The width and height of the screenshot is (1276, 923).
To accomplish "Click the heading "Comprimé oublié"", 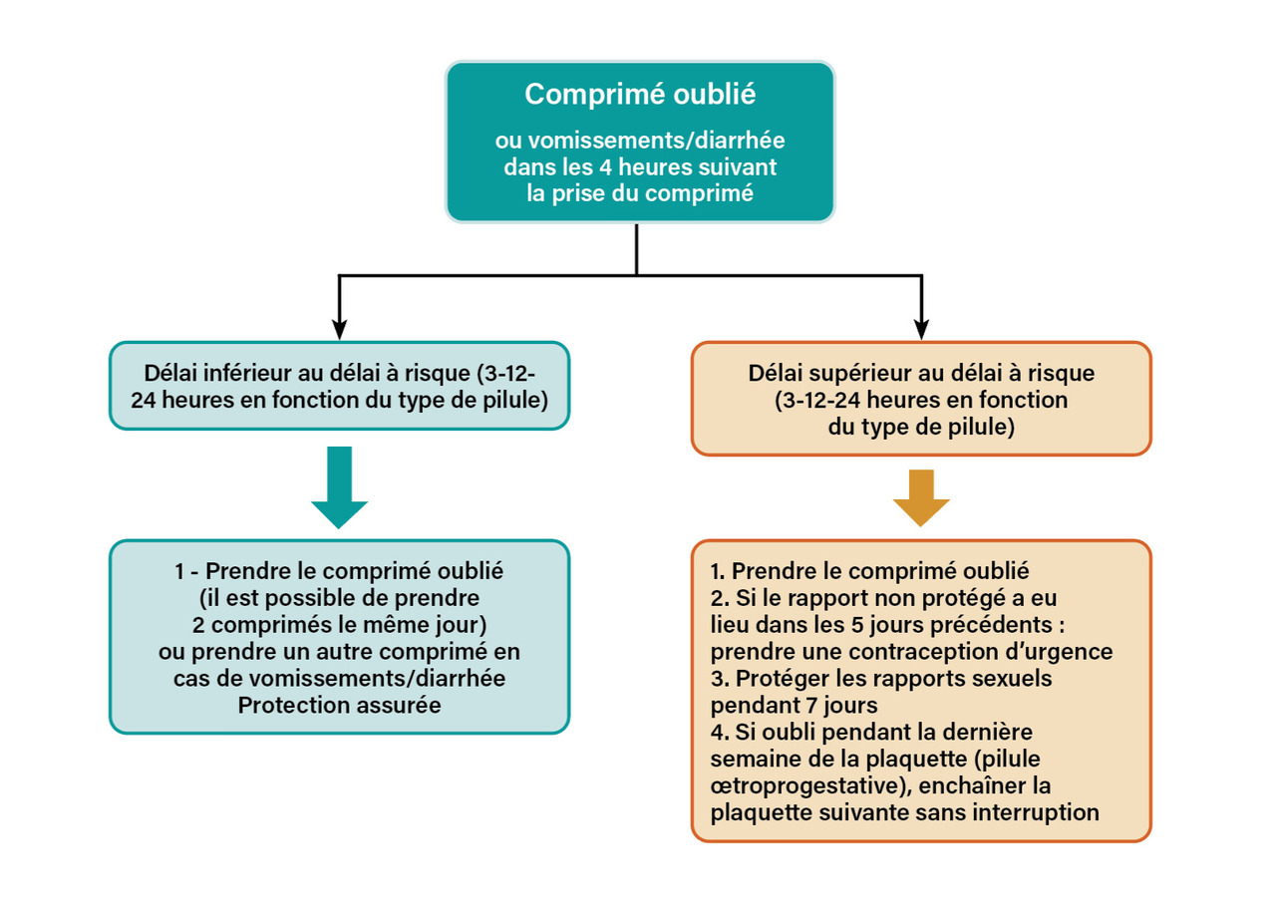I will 639,95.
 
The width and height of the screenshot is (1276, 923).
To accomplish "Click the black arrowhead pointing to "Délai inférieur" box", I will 339,328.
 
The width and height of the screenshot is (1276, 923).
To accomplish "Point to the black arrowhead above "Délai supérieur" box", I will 921,328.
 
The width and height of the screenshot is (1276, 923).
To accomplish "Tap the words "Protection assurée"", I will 339,705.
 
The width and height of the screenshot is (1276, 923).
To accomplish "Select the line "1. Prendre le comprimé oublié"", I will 869,572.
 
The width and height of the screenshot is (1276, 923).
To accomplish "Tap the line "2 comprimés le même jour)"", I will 339,626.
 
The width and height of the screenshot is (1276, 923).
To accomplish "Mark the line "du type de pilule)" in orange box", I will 920,428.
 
